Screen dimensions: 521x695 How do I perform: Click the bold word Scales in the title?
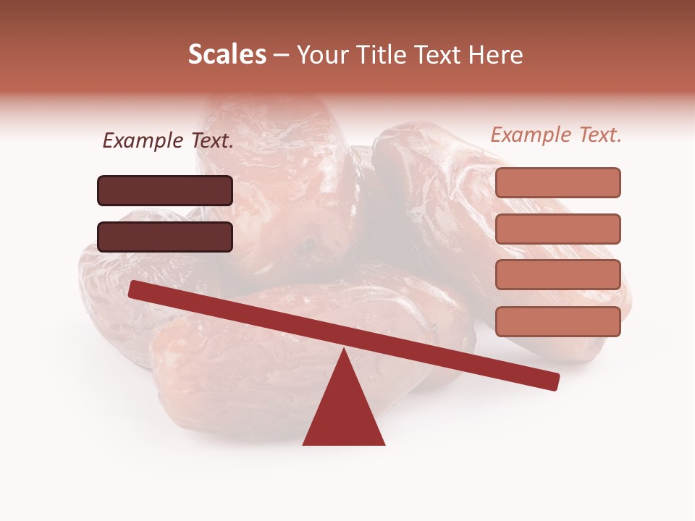coord(227,55)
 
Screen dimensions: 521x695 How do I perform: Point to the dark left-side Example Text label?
coord(168,141)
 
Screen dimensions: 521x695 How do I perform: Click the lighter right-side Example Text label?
coord(556,135)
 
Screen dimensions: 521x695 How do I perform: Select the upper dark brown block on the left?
coord(165,190)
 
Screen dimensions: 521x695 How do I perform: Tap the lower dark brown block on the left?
coord(165,237)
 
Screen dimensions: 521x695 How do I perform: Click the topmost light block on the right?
coord(558,182)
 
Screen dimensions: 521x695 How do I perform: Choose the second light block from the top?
coord(558,229)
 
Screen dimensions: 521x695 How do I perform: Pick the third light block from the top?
coord(558,275)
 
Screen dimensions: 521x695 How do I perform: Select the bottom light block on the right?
coord(558,321)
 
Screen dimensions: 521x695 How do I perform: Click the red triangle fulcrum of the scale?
coord(343,412)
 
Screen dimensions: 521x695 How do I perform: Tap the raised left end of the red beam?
coord(135,289)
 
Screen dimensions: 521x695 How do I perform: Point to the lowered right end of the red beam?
coord(554,381)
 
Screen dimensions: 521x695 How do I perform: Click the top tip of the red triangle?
coord(344,352)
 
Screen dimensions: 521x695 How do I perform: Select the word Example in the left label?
coord(142,141)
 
